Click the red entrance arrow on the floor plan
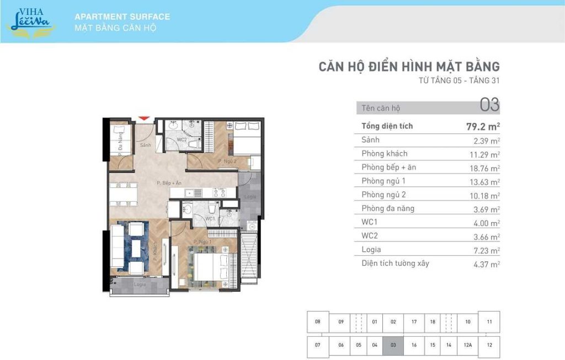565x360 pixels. [143, 117]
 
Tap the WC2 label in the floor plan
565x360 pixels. [181, 139]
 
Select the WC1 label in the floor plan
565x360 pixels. [210, 219]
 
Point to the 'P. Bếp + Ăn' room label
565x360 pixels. [169, 183]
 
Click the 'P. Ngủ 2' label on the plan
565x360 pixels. [227, 161]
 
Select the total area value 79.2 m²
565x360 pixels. [483, 126]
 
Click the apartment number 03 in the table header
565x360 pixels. [489, 104]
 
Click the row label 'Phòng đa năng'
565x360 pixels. [388, 208]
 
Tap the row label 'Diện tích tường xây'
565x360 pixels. [395, 264]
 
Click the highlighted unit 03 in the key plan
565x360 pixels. [393, 345]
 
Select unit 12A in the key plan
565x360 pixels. [467, 345]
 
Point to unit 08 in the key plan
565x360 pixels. [317, 321]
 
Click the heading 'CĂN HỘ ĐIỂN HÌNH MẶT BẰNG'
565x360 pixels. [409, 67]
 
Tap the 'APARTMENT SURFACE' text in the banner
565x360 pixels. [122, 17]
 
